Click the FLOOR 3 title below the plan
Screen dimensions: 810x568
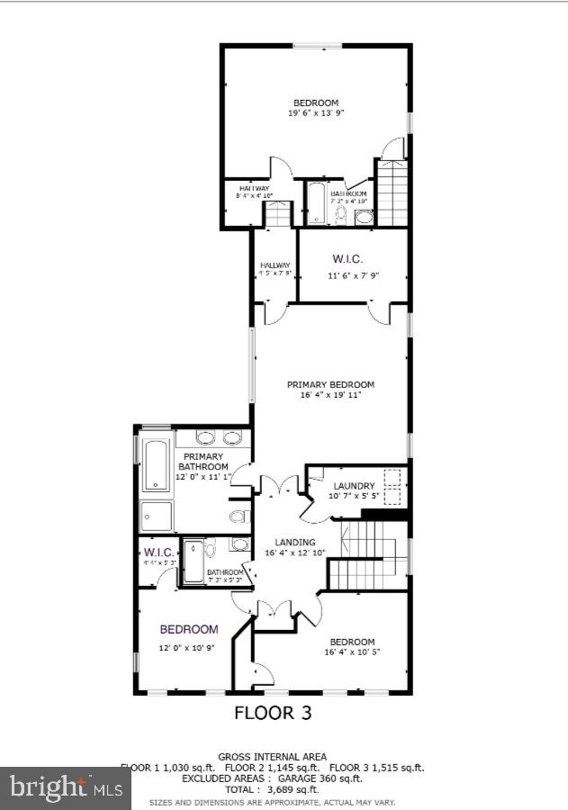(x=273, y=713)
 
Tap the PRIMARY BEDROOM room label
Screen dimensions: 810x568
(x=330, y=384)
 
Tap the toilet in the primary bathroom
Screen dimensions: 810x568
(x=239, y=516)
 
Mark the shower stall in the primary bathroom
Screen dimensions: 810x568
(x=157, y=516)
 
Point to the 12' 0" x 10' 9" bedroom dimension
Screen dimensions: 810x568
(x=188, y=648)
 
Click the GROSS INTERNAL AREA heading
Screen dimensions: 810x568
(x=273, y=757)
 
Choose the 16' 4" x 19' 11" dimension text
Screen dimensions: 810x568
(x=330, y=395)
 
